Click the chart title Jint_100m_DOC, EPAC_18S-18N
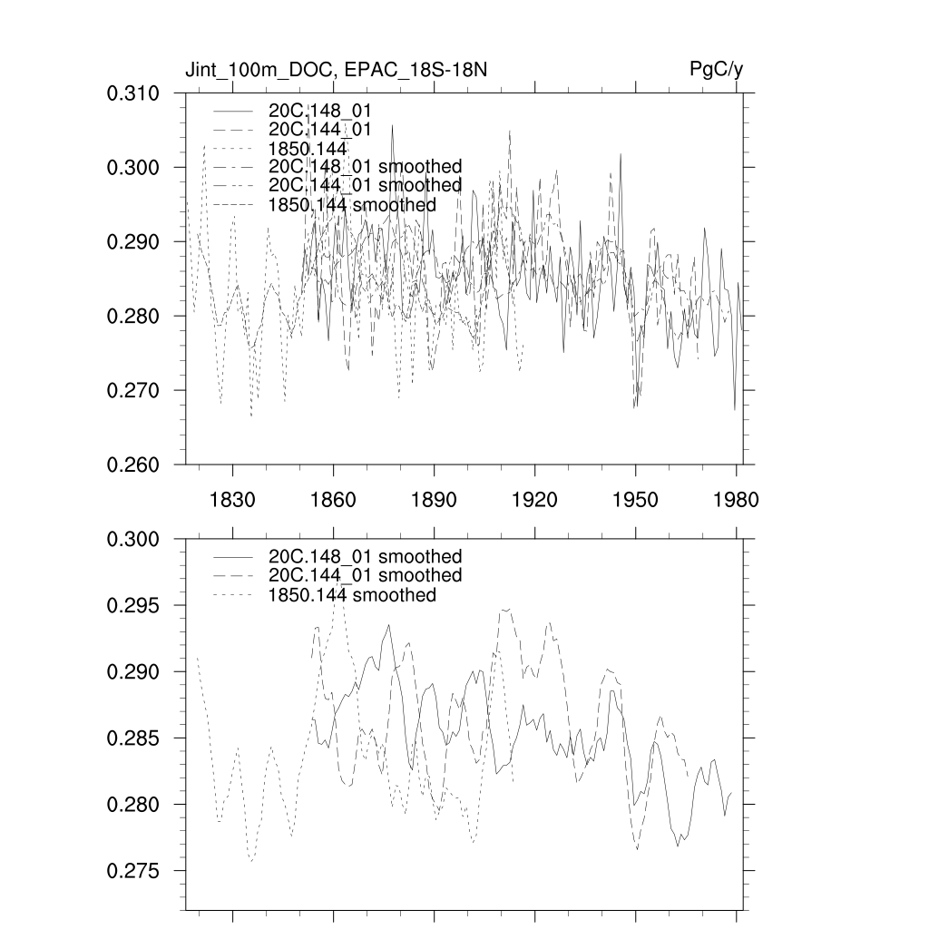[x=337, y=71]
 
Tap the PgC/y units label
[x=717, y=71]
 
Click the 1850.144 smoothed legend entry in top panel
[x=352, y=205]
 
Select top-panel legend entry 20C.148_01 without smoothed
[x=320, y=110]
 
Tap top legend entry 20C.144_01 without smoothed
[x=320, y=130]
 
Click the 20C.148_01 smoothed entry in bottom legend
[x=366, y=556]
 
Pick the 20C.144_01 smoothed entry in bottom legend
[x=366, y=576]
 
